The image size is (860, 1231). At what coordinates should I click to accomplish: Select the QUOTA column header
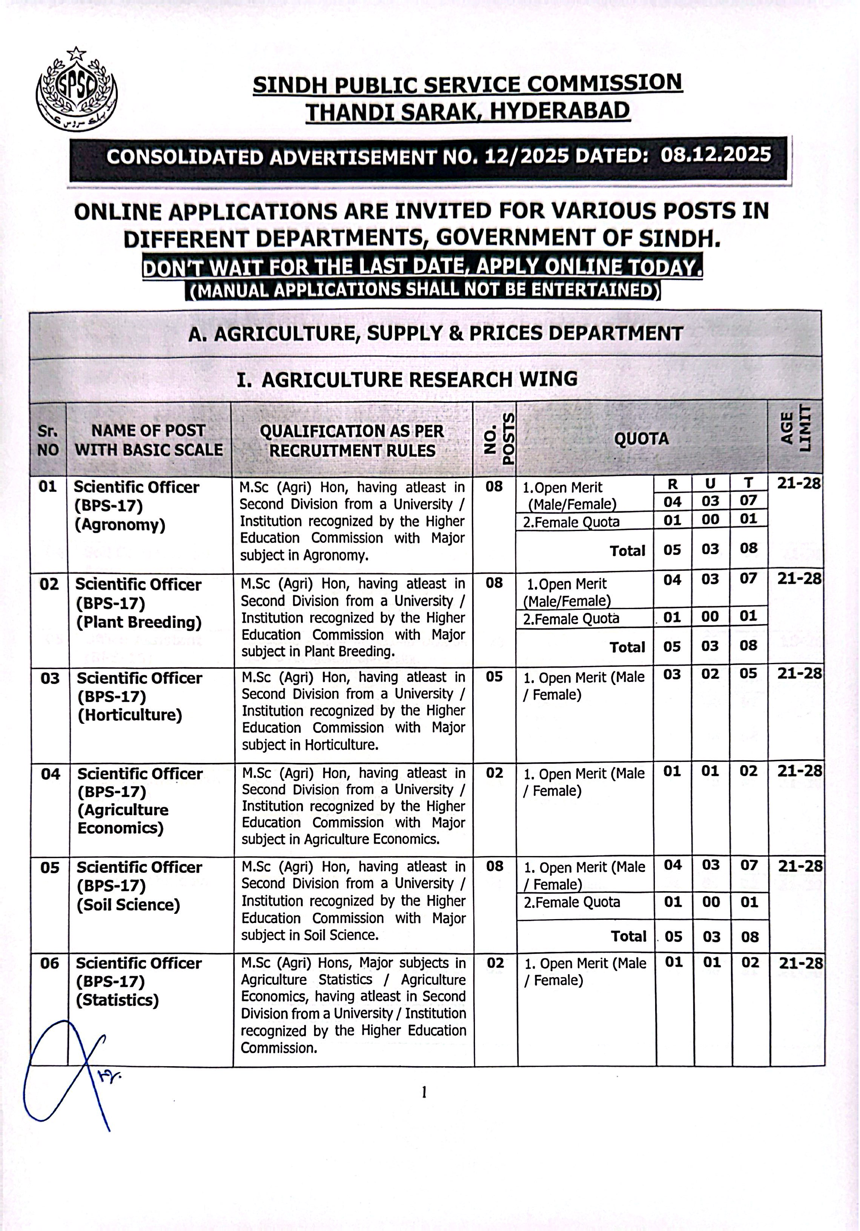(x=641, y=439)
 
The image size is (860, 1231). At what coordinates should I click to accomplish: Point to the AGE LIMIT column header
(x=795, y=432)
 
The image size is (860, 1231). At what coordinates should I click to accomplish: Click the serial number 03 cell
(x=50, y=678)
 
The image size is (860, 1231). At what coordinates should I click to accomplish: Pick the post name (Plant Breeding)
(x=139, y=622)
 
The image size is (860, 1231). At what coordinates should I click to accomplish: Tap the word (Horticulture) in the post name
(x=130, y=715)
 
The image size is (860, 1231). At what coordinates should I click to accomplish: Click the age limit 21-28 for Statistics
(x=800, y=963)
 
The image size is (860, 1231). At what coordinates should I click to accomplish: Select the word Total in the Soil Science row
(x=629, y=936)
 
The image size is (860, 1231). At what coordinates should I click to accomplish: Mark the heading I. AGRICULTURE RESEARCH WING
(x=407, y=379)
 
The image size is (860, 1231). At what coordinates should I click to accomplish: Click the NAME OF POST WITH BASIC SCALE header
(x=149, y=440)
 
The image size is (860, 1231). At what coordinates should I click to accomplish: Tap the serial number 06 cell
(x=49, y=964)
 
